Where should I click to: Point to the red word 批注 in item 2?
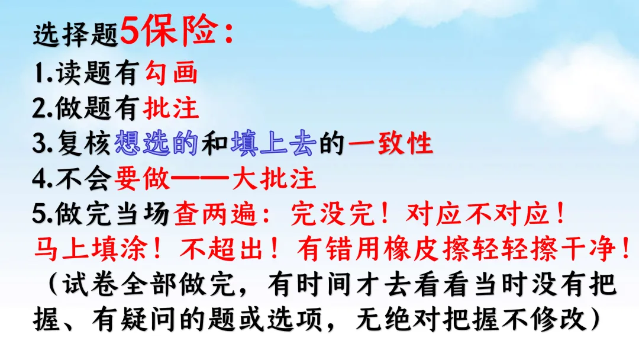172,109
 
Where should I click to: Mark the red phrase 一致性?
390,144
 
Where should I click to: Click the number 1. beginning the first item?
42,75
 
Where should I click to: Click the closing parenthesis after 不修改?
593,320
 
